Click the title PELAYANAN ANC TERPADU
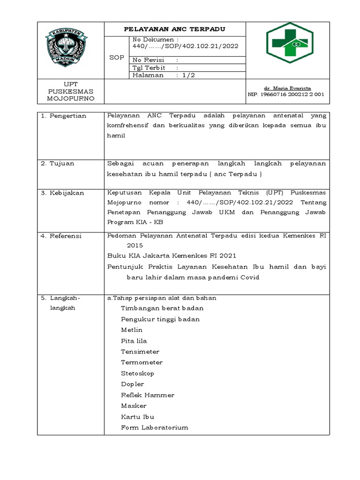[x=174, y=29]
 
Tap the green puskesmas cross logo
[x=292, y=43]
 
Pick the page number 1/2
[x=189, y=75]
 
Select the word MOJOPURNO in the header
[x=70, y=99]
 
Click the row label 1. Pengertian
[x=64, y=116]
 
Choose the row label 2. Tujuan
[x=58, y=164]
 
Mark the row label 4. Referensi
[x=62, y=236]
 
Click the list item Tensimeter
[x=140, y=352]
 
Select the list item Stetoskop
[x=137, y=374]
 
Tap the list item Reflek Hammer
[x=147, y=395]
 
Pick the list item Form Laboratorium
[x=154, y=427]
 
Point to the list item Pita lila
[x=134, y=341]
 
